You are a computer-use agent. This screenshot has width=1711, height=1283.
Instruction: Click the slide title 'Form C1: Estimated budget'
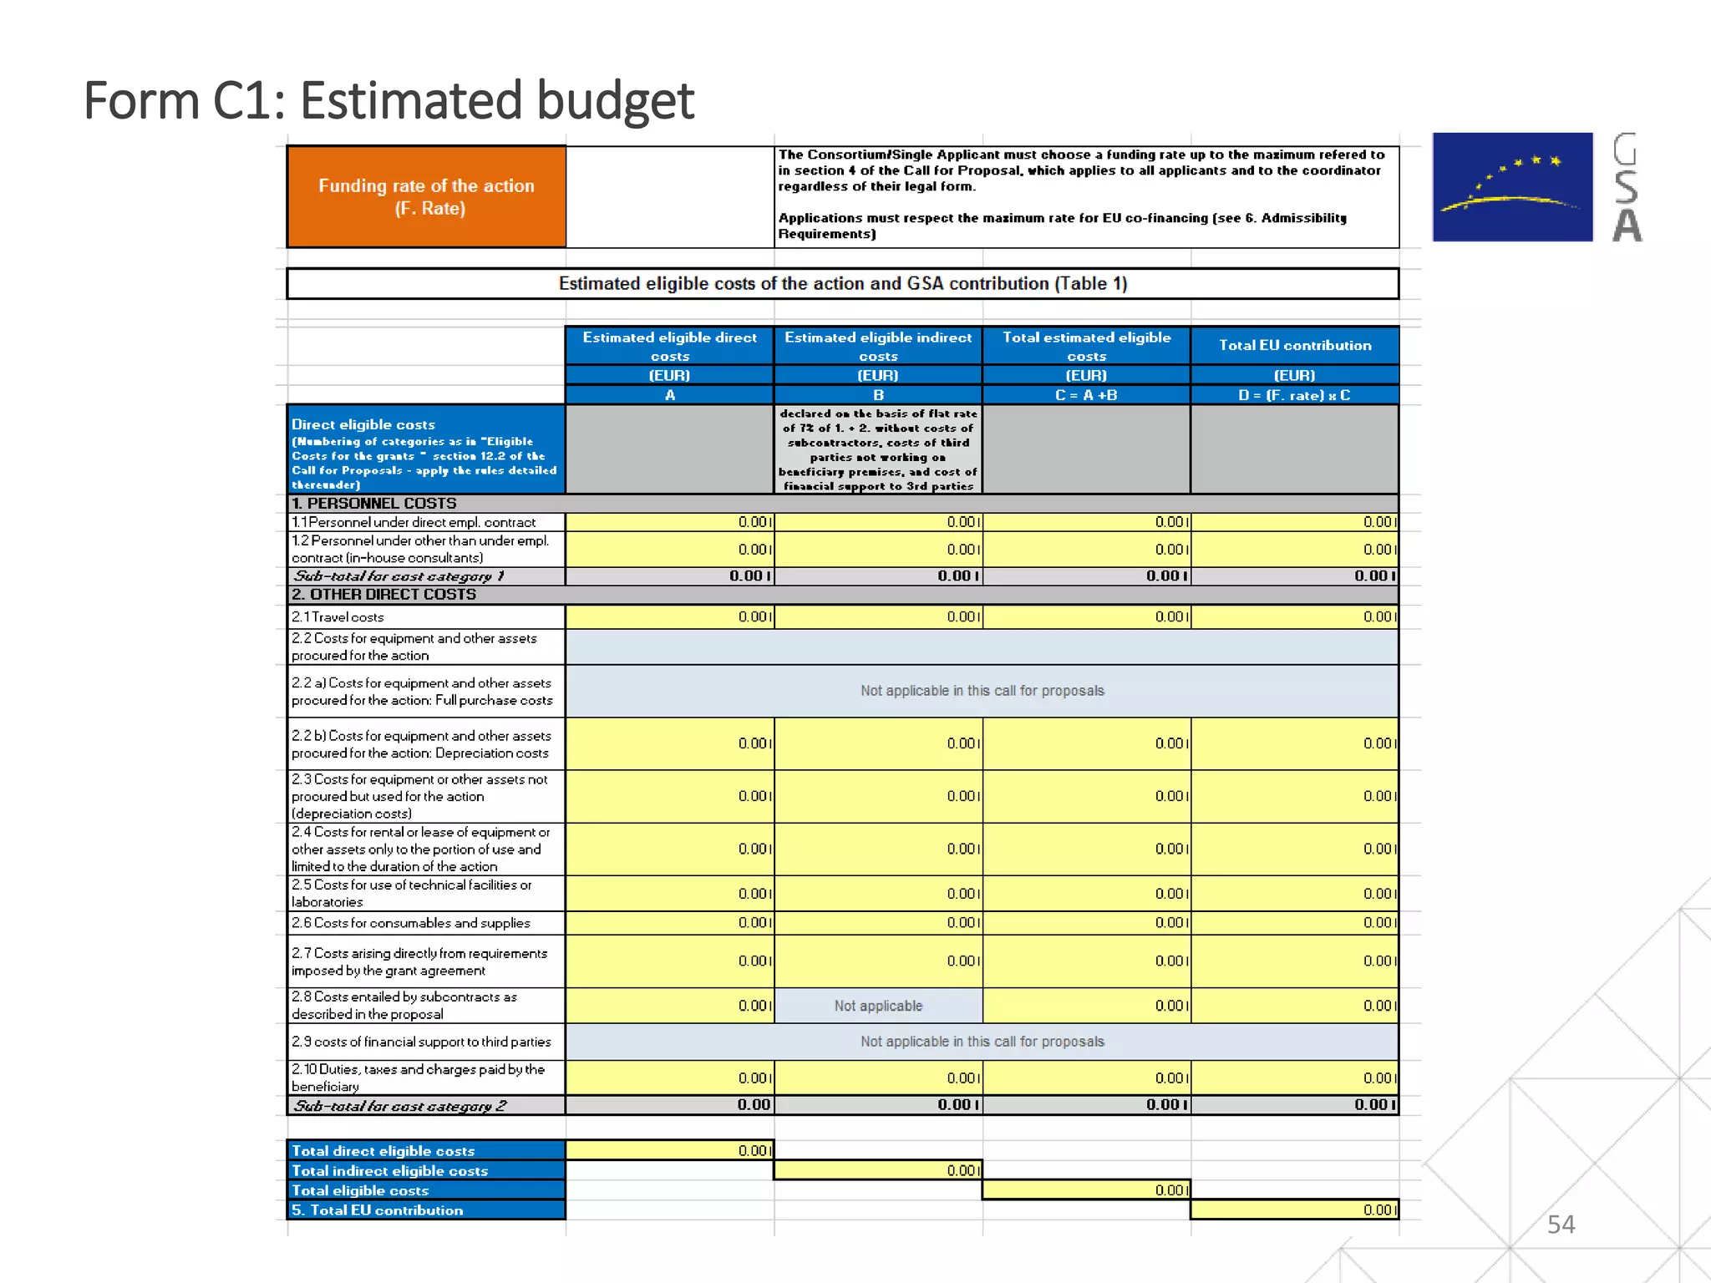[x=388, y=101]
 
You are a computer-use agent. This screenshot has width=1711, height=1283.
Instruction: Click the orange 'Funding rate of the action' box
[x=426, y=197]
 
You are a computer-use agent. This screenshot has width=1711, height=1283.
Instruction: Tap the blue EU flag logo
[x=1512, y=187]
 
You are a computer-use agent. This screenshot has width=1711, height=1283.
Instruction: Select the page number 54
[x=1561, y=1225]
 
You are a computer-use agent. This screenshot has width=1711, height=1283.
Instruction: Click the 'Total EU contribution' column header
[x=1294, y=345]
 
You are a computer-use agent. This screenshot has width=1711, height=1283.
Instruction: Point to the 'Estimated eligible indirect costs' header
[x=878, y=346]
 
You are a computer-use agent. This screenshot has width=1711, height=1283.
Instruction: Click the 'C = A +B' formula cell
[x=1086, y=395]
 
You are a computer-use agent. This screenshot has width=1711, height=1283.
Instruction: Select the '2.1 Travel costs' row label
[x=338, y=617]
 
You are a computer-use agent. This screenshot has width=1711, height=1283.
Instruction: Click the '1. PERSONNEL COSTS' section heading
[x=374, y=504]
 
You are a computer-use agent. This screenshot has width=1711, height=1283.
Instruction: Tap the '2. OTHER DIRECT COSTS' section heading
[x=384, y=595]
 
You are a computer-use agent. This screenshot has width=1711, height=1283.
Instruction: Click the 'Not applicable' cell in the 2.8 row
[x=878, y=1006]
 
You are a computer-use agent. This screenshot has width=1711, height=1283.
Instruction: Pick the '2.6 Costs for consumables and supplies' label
[x=411, y=923]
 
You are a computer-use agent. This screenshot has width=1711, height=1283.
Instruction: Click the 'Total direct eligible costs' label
[x=383, y=1151]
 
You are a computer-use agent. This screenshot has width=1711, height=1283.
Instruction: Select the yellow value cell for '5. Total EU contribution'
[x=1294, y=1209]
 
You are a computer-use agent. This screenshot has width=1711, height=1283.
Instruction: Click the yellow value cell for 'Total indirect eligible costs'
[x=878, y=1170]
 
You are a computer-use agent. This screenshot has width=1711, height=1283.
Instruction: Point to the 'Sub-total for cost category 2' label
[x=400, y=1106]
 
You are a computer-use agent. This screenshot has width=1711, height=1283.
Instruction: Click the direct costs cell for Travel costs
[x=670, y=617]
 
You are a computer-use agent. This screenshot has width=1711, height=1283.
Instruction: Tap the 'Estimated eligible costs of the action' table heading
[x=842, y=284]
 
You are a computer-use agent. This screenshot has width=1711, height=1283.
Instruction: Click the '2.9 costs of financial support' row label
[x=421, y=1042]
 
